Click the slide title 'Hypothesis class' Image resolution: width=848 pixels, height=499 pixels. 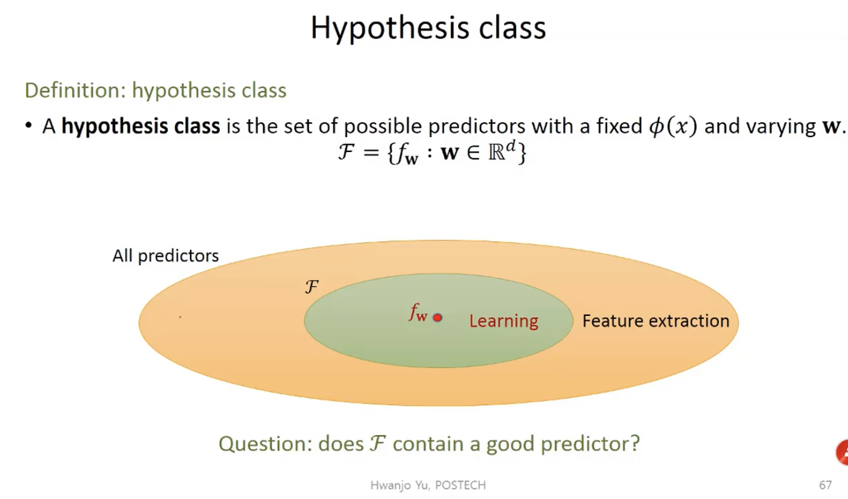[428, 29]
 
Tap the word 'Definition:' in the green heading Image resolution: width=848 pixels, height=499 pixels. [75, 91]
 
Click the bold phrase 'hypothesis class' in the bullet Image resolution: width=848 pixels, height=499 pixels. [141, 126]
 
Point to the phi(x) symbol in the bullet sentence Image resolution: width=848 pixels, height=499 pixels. [673, 126]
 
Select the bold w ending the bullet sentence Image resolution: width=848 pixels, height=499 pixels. [831, 127]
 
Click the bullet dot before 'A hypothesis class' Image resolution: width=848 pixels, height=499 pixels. [29, 125]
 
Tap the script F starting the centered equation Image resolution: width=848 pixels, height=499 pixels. [346, 152]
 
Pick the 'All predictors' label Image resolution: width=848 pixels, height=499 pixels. [165, 256]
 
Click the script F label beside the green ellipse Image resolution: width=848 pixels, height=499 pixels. [312, 287]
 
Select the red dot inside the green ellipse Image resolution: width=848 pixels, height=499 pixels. [437, 318]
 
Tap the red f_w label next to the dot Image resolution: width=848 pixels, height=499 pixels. [418, 313]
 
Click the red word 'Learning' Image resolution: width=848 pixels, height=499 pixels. [503, 321]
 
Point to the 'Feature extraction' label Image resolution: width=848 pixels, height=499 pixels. [656, 321]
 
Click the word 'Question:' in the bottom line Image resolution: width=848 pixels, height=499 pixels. [265, 444]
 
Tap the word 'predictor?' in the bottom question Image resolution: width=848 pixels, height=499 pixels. [590, 444]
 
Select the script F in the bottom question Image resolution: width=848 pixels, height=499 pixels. [378, 443]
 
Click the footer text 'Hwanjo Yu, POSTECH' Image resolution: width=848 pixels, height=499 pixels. [428, 485]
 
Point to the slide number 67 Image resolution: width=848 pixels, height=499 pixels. [825, 485]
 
